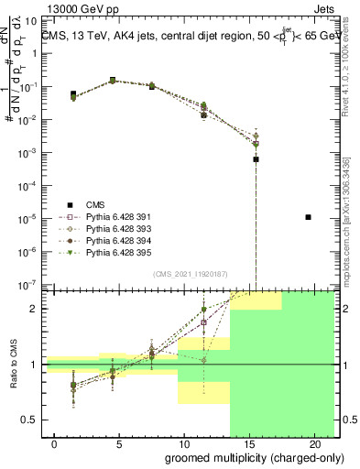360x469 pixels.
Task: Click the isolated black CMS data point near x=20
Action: point(309,217)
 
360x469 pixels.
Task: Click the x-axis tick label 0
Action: point(56,444)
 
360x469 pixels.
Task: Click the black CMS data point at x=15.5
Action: point(256,159)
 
